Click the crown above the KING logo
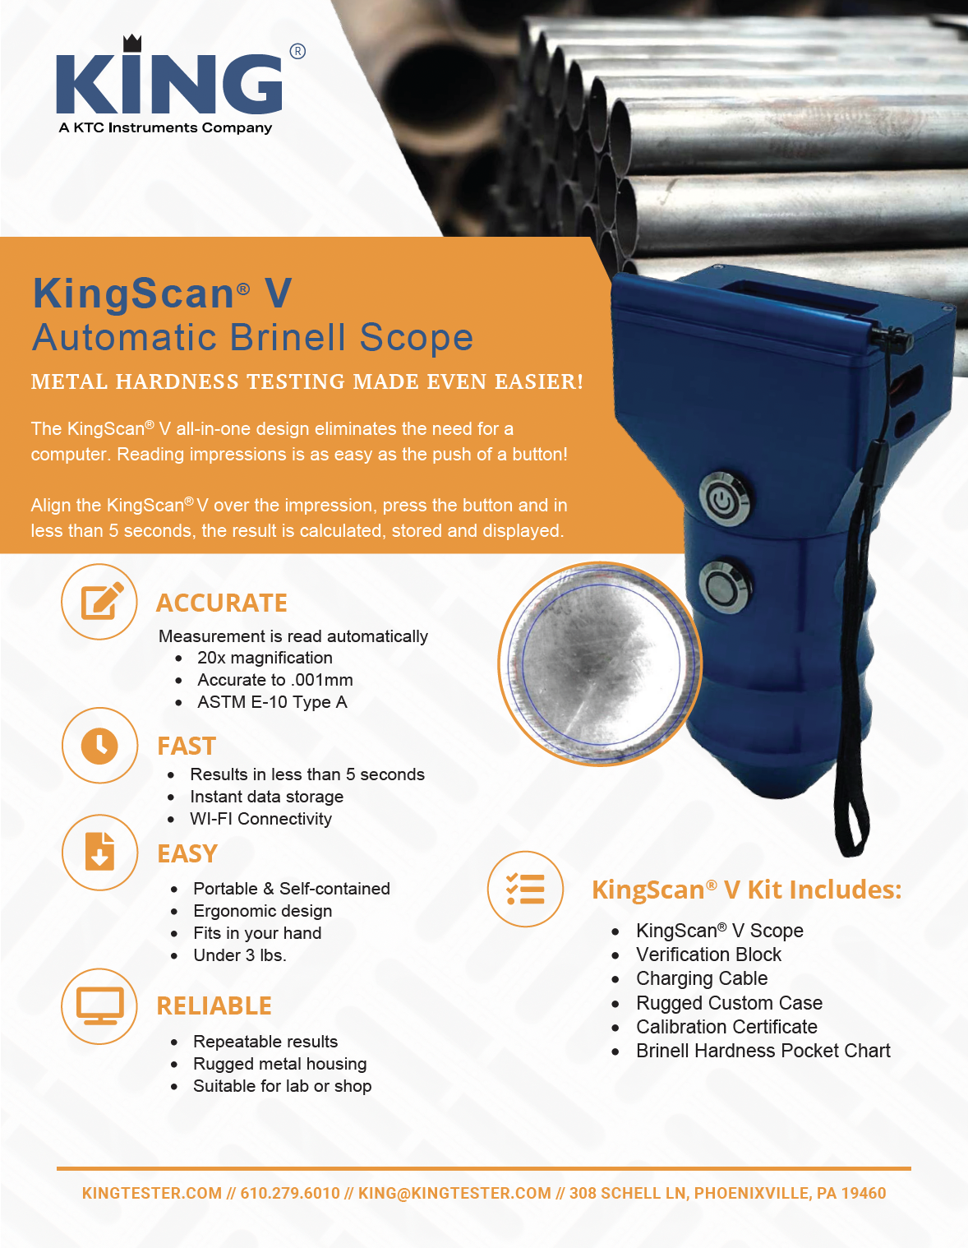[132, 43]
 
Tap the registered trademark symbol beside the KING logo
[297, 52]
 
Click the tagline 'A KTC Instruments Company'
[165, 128]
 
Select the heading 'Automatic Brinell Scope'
[252, 337]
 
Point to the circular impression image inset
[600, 664]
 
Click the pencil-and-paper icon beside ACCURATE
[99, 601]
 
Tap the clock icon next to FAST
[100, 746]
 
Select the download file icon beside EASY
[100, 853]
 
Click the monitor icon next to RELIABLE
[99, 1006]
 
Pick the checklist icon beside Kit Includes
[526, 889]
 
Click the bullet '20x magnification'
[265, 658]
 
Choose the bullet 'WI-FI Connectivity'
[261, 818]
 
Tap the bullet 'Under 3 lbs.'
[240, 955]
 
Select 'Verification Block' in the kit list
[708, 954]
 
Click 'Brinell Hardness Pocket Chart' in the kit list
[763, 1051]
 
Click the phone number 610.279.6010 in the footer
[290, 1193]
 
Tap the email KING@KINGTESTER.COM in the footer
[454, 1193]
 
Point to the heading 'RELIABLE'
[214, 1006]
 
